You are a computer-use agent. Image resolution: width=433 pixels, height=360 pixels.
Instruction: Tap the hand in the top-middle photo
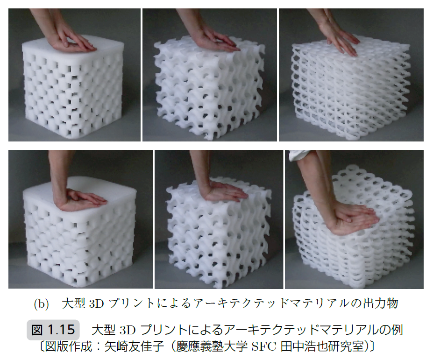pyautogui.click(x=218, y=42)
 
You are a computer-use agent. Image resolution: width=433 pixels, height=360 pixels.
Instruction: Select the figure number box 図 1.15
pyautogui.click(x=53, y=330)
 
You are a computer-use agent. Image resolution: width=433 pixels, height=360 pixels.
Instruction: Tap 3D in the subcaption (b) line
pyautogui.click(x=96, y=304)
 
